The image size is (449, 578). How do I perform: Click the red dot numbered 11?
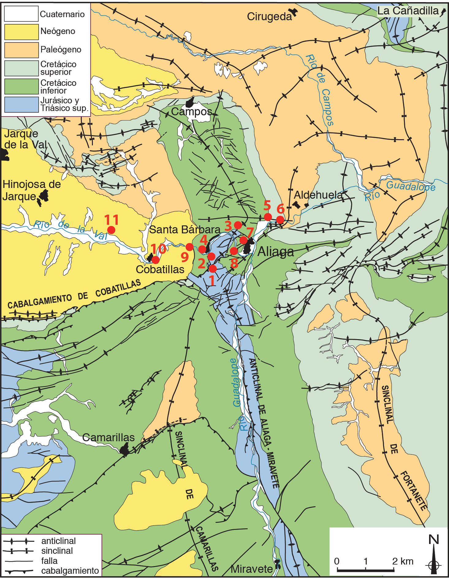pos(111,230)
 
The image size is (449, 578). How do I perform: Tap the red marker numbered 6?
pos(280,220)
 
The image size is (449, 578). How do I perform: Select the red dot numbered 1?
pos(213,269)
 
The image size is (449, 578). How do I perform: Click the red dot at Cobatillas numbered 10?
pos(155,260)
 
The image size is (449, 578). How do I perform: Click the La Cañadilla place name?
pos(408,11)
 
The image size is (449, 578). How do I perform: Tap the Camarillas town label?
pos(108,437)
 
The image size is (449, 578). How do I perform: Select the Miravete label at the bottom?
pos(251,569)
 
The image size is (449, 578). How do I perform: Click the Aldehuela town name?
pos(318,195)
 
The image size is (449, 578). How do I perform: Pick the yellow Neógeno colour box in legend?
pos(21,32)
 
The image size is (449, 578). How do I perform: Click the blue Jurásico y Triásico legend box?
pos(21,105)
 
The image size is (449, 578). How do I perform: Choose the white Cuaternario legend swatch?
pos(21,14)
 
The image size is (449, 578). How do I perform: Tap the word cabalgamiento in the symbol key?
pos(70,571)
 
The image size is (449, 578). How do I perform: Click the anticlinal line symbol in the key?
pos(18,541)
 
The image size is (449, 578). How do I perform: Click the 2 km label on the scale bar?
pos(402,561)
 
